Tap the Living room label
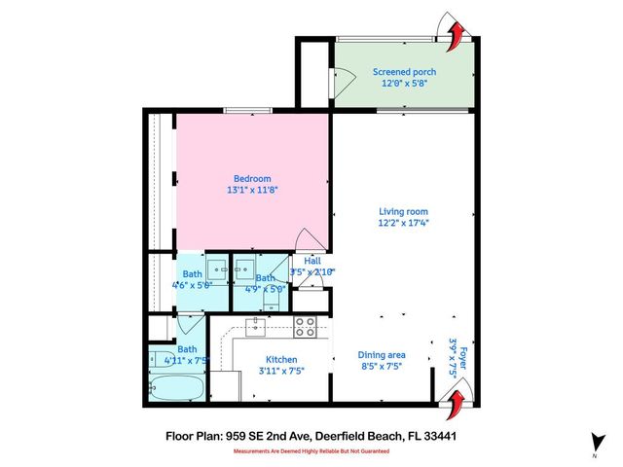[x=403, y=211]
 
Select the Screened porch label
[x=404, y=72]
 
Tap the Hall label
[x=312, y=261]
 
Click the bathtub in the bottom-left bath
[x=177, y=387]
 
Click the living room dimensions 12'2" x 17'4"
[x=403, y=223]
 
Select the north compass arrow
[x=594, y=441]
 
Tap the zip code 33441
[x=439, y=437]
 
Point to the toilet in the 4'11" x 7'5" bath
[x=158, y=359]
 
